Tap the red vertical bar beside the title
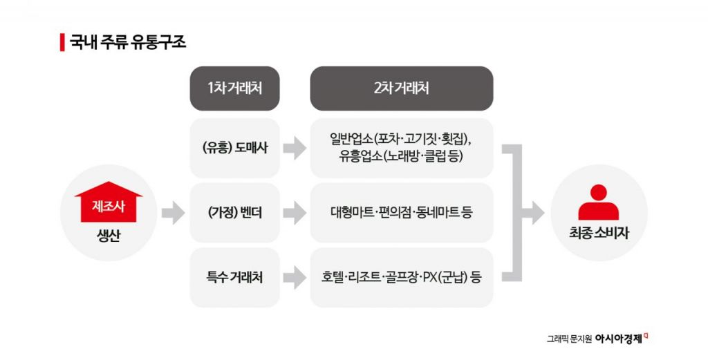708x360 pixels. click(62, 42)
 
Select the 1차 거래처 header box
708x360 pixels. click(234, 88)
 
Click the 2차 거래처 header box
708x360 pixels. click(401, 88)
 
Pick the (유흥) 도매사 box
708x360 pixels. click(234, 148)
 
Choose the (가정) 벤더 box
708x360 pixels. click(234, 213)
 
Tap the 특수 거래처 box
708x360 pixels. click(234, 278)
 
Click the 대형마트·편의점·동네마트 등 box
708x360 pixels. click(401, 213)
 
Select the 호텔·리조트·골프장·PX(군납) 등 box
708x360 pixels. click(401, 278)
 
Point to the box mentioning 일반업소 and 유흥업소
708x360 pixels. click(401, 148)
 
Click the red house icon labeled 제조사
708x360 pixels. click(108, 202)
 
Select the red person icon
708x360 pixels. click(598, 202)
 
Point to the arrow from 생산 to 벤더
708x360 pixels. click(173, 213)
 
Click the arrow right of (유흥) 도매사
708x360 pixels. click(295, 148)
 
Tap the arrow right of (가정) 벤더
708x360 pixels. click(295, 213)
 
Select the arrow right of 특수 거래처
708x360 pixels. click(295, 278)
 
